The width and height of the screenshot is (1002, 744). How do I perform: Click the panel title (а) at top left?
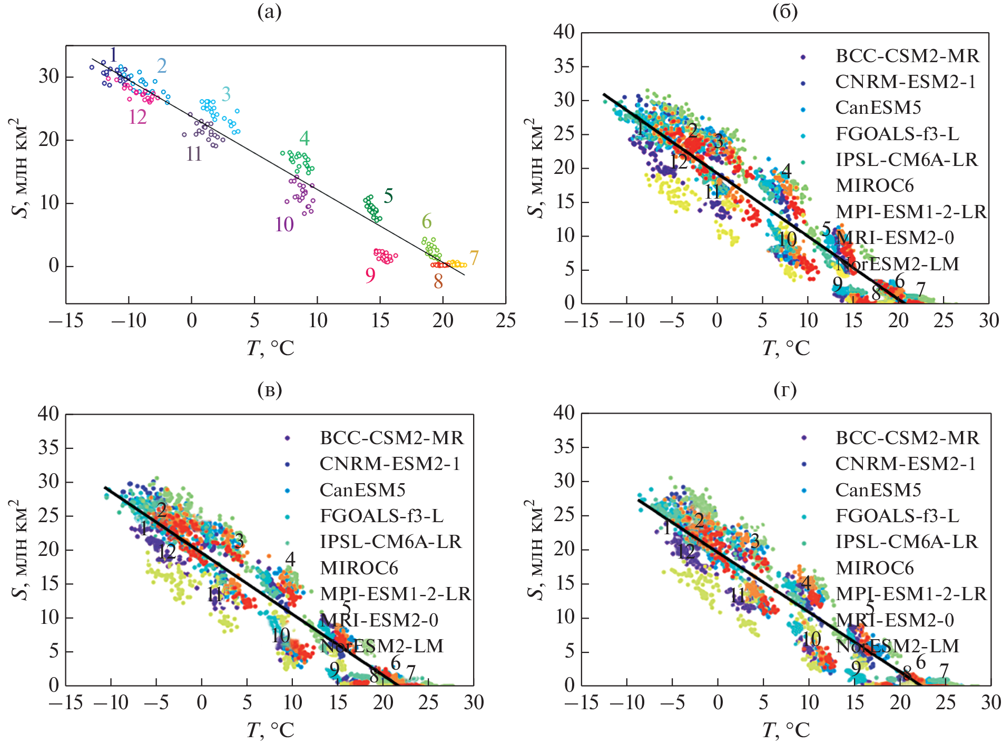(269, 12)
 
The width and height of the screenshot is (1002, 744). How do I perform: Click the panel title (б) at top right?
(785, 12)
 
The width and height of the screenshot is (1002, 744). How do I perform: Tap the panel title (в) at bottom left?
(269, 390)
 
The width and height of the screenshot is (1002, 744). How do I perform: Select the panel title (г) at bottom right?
(785, 390)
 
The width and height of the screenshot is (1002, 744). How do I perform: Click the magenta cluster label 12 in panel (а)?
(137, 117)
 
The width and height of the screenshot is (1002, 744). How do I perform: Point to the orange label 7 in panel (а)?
(474, 258)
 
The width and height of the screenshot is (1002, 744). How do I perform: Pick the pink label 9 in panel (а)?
(370, 275)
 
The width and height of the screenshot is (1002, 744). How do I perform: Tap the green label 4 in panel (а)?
(304, 139)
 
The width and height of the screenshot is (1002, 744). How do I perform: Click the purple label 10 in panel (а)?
(284, 225)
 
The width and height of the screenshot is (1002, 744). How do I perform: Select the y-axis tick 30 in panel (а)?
(48, 76)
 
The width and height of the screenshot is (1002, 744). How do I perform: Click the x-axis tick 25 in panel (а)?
(505, 320)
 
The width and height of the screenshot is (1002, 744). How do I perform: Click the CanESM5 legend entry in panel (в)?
(362, 490)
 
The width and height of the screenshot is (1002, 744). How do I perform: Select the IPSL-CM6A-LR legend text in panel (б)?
(906, 160)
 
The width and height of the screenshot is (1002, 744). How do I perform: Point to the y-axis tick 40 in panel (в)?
(48, 414)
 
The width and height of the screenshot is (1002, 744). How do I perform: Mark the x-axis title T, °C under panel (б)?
(785, 348)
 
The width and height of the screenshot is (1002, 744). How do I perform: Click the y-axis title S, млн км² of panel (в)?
(19, 549)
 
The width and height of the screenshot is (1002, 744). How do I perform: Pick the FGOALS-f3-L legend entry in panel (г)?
(897, 516)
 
